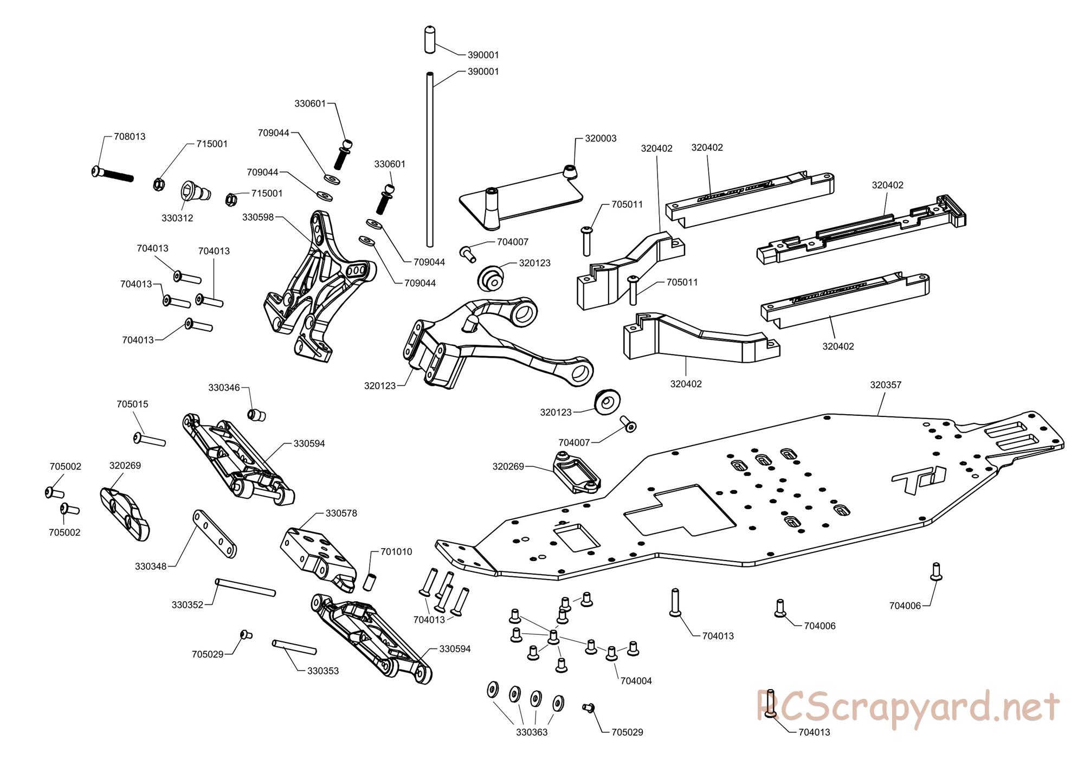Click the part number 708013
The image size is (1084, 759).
coord(130,137)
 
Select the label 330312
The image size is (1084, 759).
coord(177,218)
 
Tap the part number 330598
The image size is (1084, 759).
coord(258,217)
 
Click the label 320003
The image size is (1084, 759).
coord(601,138)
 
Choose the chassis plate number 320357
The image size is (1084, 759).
coord(886,385)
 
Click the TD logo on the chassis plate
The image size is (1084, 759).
coord(918,480)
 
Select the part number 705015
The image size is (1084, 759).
coord(132,404)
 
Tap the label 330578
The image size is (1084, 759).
coord(341,513)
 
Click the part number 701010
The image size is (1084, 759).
coord(396,552)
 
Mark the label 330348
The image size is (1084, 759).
coord(151,567)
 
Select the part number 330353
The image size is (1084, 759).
coord(323,671)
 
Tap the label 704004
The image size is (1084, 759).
coord(636,681)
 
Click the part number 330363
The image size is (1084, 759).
coord(532,732)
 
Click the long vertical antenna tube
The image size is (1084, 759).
coord(429,163)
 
